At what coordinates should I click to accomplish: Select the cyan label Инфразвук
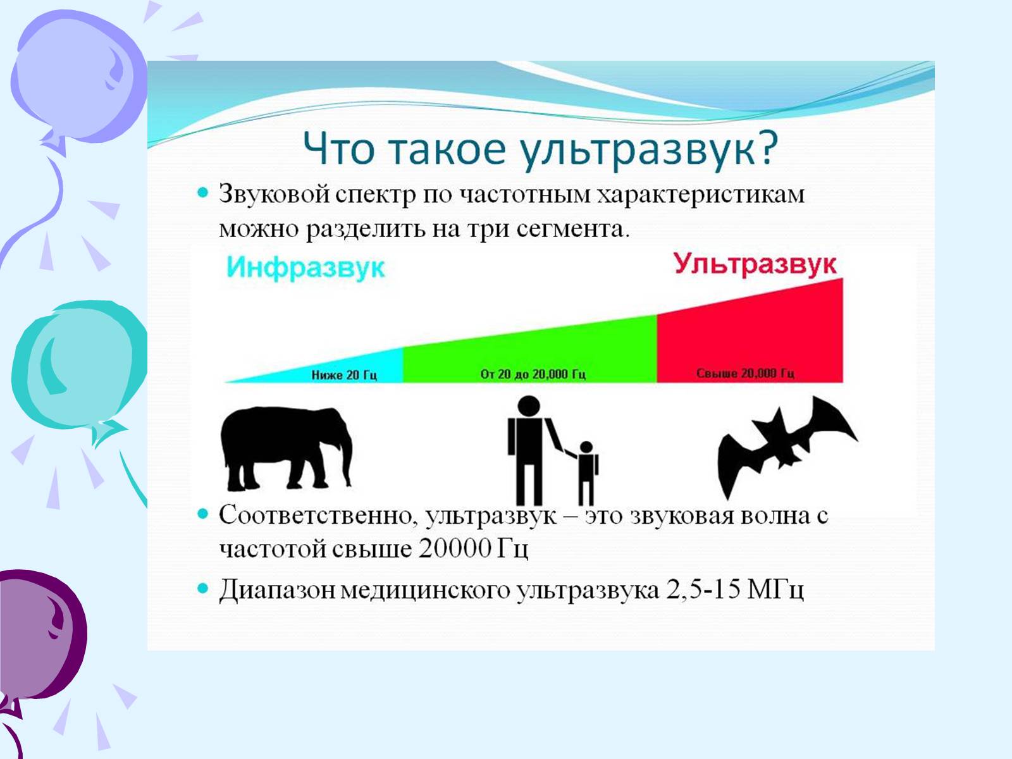tap(305, 268)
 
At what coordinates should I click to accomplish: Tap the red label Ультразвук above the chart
tap(755, 264)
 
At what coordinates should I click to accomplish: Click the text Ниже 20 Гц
tap(344, 374)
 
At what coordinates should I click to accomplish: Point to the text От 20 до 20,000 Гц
tap(533, 374)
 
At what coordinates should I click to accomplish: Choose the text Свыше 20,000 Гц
tap(745, 373)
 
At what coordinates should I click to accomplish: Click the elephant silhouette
tap(286, 447)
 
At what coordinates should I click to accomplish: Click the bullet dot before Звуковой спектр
tap(203, 192)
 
